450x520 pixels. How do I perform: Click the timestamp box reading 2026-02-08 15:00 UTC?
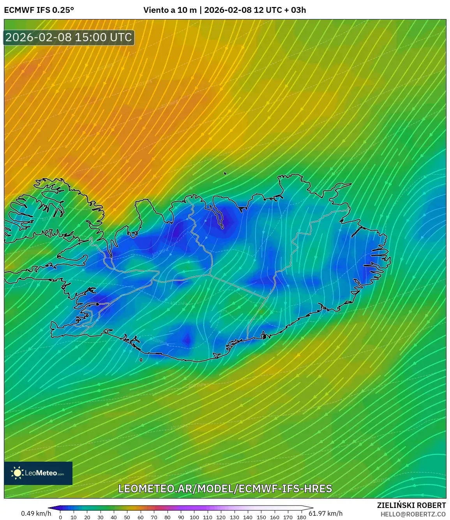[69, 37]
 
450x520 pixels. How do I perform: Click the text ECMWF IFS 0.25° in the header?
[39, 10]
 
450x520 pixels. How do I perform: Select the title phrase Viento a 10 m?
[170, 10]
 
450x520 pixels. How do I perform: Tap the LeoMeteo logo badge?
[38, 473]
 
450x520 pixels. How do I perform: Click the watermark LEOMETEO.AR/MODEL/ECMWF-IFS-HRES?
[225, 488]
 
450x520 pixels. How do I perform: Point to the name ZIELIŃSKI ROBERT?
[411, 505]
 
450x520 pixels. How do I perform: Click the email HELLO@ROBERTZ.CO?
[413, 514]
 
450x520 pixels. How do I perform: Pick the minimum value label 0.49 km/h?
[36, 513]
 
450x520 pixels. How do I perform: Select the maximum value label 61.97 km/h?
[326, 513]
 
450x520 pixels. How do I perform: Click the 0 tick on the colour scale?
[60, 517]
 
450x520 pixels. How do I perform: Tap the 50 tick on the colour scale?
[127, 517]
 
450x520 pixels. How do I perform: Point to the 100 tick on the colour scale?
[194, 517]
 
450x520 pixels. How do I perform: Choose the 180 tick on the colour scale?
[301, 517]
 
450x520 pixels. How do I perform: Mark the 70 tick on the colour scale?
[154, 517]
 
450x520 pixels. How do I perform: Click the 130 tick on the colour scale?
[234, 517]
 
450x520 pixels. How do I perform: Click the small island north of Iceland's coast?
[225, 174]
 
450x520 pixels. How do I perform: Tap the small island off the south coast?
[141, 360]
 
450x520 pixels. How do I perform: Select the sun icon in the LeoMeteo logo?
[18, 473]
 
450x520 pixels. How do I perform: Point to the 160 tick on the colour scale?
[274, 517]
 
